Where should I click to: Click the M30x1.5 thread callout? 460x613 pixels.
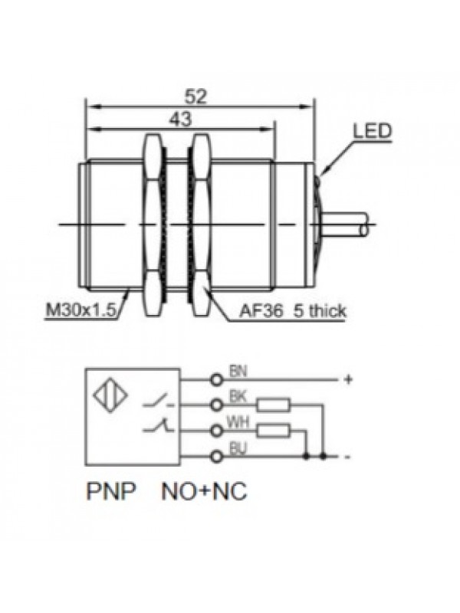80,310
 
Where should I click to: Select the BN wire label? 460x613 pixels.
238,372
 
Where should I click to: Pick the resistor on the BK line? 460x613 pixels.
274,405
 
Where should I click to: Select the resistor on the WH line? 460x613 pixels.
274,430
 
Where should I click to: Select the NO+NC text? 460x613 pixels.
203,492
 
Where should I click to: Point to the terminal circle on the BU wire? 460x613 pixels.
216,456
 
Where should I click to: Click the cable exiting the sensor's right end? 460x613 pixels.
348,223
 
